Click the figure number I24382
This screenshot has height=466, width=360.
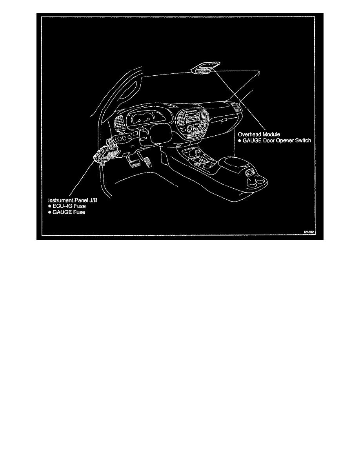click(x=309, y=232)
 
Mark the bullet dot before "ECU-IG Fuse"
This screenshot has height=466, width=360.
click(x=50, y=206)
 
